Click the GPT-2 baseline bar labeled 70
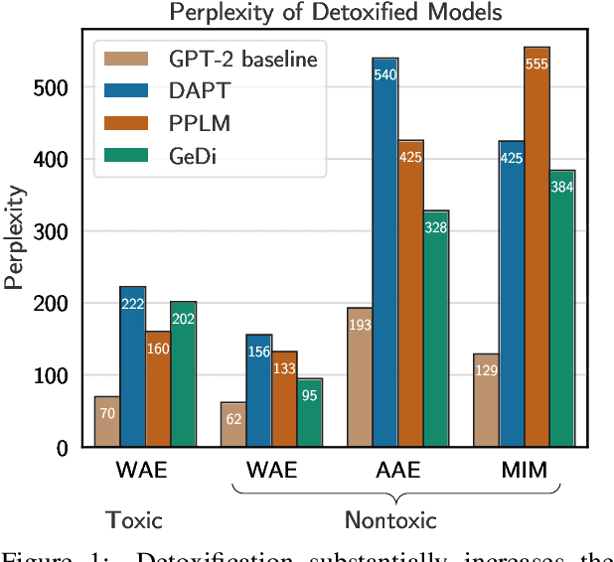click(107, 422)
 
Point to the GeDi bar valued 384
click(562, 309)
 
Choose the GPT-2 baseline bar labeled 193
click(359, 377)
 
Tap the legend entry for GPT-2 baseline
click(208, 59)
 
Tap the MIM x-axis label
click(524, 470)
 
